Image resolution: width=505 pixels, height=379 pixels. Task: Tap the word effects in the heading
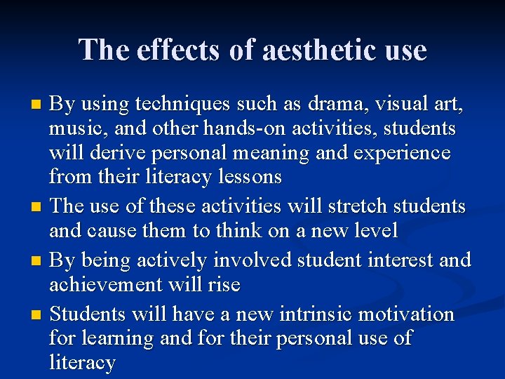pos(168,51)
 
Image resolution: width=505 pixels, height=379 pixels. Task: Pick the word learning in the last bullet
pos(117,338)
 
